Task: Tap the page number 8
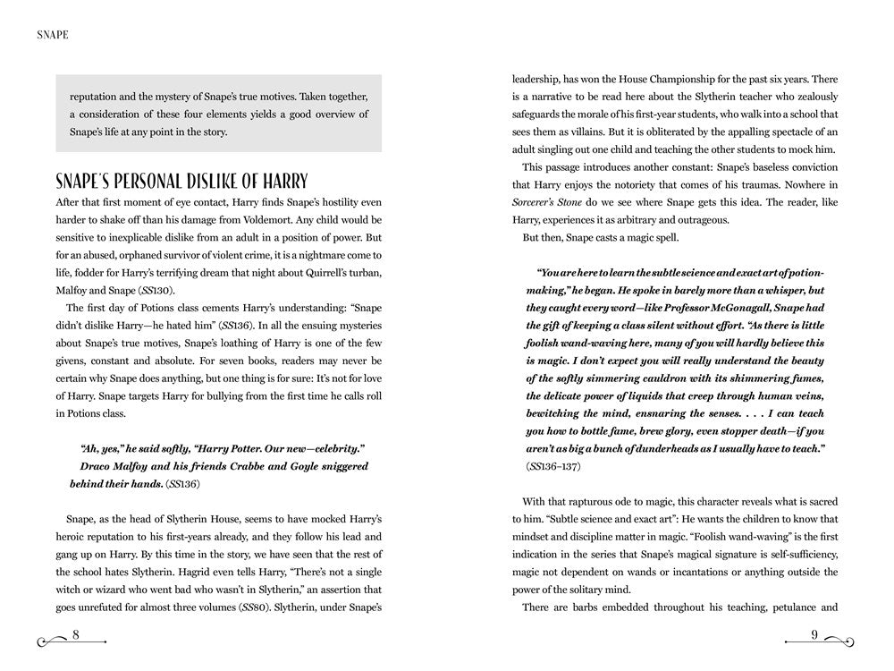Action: click(x=76, y=635)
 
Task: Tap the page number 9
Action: click(x=815, y=635)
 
